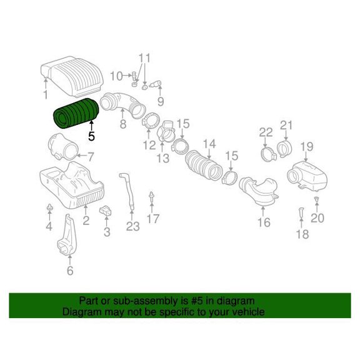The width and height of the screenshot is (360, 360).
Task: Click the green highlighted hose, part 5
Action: click(76, 113)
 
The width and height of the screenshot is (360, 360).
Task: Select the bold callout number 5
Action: click(91, 137)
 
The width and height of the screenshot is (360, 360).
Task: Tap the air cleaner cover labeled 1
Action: click(72, 76)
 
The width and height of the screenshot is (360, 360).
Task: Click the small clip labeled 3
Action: click(105, 211)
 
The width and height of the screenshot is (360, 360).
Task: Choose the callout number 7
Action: click(91, 157)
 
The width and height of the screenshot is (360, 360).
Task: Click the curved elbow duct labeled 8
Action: click(122, 104)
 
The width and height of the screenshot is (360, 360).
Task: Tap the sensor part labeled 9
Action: click(156, 84)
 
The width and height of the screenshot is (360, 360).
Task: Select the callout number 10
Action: click(117, 76)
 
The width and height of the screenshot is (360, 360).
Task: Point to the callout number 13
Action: click(163, 158)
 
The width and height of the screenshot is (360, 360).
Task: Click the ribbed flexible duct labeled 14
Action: click(203, 165)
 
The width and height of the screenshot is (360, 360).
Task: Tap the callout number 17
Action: click(153, 219)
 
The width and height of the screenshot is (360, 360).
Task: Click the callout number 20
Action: click(317, 217)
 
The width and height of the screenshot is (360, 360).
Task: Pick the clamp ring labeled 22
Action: click(268, 154)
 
